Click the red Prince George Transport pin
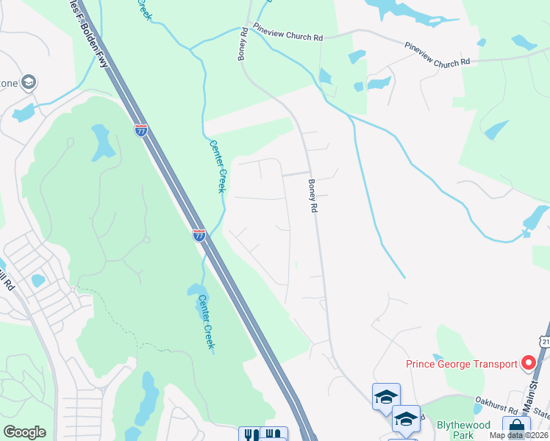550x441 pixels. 527,362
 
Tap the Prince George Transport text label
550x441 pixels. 461,364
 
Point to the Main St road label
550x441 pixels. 532,393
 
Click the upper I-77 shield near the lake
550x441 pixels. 140,130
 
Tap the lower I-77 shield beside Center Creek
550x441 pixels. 199,235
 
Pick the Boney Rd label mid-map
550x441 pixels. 312,197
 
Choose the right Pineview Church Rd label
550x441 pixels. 437,54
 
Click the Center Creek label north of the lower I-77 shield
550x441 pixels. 217,166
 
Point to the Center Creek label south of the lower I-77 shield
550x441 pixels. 206,321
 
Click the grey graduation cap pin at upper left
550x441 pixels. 29,81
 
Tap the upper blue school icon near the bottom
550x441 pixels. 386,396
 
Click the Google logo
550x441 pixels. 25,431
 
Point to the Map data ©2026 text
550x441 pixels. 518,435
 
